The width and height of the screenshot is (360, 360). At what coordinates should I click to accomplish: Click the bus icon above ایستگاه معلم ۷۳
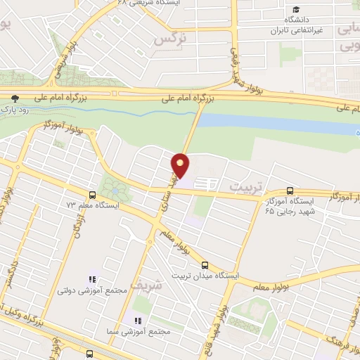pos(92,195)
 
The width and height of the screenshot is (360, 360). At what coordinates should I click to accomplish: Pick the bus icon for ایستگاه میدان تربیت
pos(205,265)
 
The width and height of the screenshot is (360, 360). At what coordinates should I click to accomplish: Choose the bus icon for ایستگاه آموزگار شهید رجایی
pos(290,191)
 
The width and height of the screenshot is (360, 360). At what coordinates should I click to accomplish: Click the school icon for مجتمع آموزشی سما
pos(128,320)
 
